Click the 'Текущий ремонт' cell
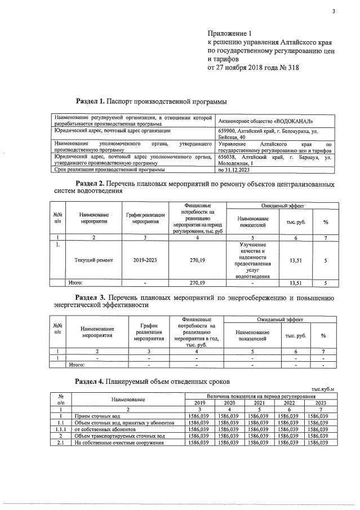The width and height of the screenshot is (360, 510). coord(94,260)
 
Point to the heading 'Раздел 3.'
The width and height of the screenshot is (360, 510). coord(90,296)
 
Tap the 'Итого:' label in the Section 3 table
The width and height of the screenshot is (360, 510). coord(76,364)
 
